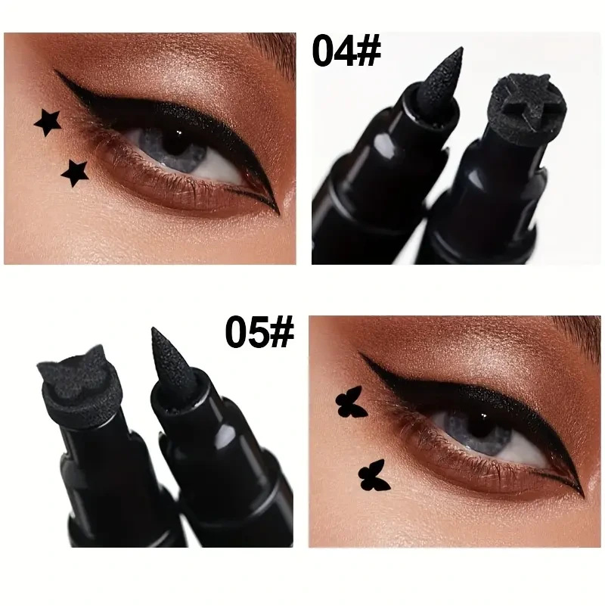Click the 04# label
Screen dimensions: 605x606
coord(346,50)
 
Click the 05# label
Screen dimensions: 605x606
coord(259,331)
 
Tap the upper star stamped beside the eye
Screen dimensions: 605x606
coord(48,122)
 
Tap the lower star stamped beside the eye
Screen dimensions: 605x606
coord(75,173)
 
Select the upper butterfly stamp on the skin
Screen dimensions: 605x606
coord(351,402)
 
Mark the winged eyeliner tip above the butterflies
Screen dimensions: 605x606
coord(360,353)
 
